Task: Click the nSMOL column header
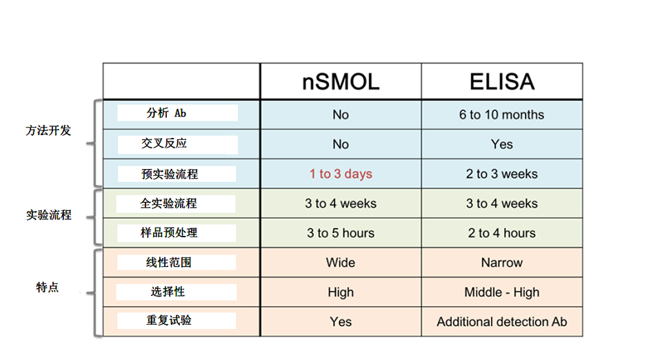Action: click(341, 82)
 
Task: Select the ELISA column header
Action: click(502, 82)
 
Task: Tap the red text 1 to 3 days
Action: click(341, 174)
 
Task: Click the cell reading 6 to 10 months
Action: click(501, 114)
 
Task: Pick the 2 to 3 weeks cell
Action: click(501, 174)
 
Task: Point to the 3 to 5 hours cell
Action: click(341, 233)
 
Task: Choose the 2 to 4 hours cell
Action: click(501, 233)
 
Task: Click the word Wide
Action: click(341, 263)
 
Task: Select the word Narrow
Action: click(501, 263)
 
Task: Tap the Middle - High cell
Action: click(501, 292)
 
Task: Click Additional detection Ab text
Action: click(501, 321)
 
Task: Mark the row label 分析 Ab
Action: click(166, 113)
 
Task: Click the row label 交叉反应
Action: click(164, 143)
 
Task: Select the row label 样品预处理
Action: click(169, 232)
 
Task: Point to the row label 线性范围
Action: click(169, 263)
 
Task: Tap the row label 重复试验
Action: click(169, 320)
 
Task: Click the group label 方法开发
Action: click(48, 130)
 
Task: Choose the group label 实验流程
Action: click(48, 215)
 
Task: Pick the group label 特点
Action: click(48, 288)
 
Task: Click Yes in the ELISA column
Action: click(501, 144)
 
